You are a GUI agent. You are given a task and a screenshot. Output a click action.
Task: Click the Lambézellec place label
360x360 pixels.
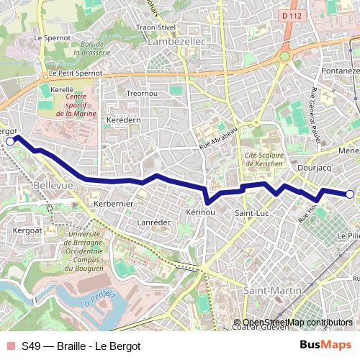176,42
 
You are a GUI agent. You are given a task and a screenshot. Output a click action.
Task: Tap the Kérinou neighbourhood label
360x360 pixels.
200,213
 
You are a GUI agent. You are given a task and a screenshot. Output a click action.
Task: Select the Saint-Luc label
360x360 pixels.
252,214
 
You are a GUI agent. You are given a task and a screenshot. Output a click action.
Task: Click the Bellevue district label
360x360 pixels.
53,186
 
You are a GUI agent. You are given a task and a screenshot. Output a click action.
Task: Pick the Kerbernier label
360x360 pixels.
114,204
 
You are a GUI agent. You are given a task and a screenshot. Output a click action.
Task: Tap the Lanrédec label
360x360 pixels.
154,222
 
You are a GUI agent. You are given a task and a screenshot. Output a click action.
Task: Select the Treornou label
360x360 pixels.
142,94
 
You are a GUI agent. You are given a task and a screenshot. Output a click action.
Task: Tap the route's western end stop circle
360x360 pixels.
9,142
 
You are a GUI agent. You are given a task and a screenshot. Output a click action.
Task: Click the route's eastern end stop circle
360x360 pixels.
350,194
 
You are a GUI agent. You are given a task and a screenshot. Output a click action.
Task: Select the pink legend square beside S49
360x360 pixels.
9,346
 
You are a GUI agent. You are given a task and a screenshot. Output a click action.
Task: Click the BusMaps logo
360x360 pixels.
325,345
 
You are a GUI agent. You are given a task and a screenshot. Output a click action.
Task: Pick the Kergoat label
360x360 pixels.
28,230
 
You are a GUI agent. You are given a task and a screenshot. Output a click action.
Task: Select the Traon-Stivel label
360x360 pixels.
156,27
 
